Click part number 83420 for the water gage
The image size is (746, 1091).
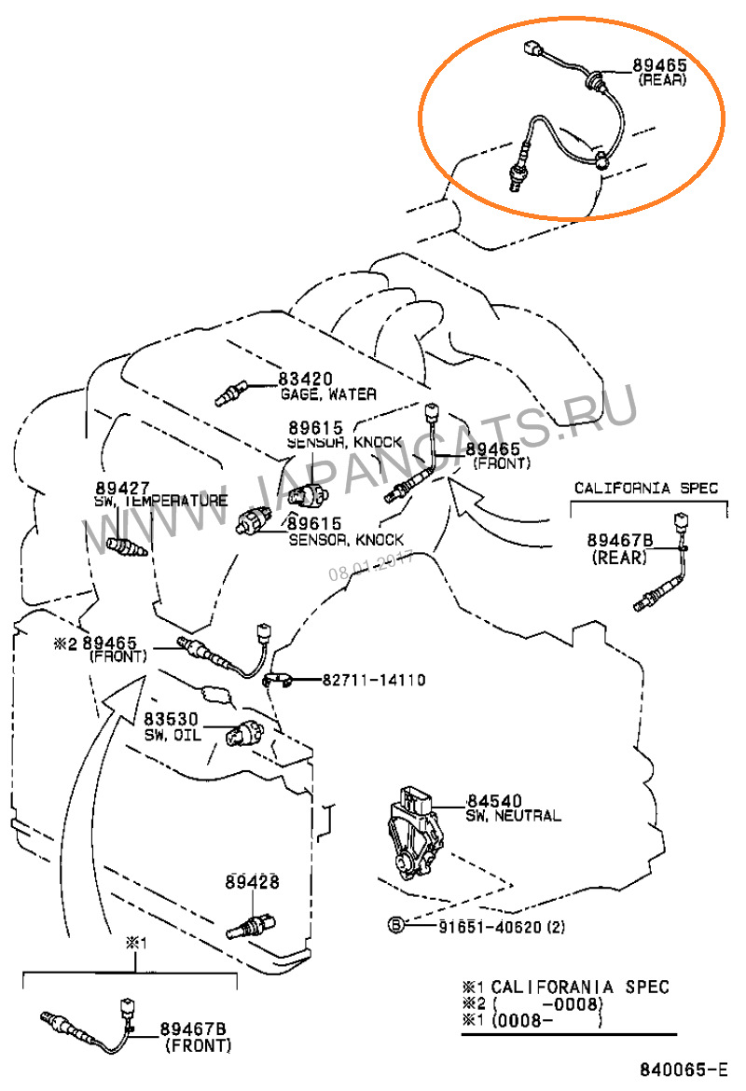pyautogui.click(x=306, y=380)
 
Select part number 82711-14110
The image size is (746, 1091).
pyautogui.click(x=374, y=680)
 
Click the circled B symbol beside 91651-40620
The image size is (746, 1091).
pyautogui.click(x=396, y=925)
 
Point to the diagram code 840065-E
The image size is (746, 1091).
pyautogui.click(x=684, y=1070)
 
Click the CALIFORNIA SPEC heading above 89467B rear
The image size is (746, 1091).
pyautogui.click(x=646, y=488)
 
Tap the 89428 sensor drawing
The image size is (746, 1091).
pyautogui.click(x=251, y=925)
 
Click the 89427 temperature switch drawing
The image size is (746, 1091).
pyautogui.click(x=128, y=546)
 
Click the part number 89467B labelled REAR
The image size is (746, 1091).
pyautogui.click(x=620, y=541)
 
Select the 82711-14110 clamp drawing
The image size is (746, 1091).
pyautogui.click(x=279, y=679)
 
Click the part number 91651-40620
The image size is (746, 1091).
pyautogui.click(x=490, y=927)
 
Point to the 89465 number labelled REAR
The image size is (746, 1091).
pyautogui.click(x=659, y=64)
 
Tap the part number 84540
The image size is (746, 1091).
pyautogui.click(x=494, y=801)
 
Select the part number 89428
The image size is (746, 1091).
pyautogui.click(x=252, y=881)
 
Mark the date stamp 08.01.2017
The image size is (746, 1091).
pyautogui.click(x=371, y=566)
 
